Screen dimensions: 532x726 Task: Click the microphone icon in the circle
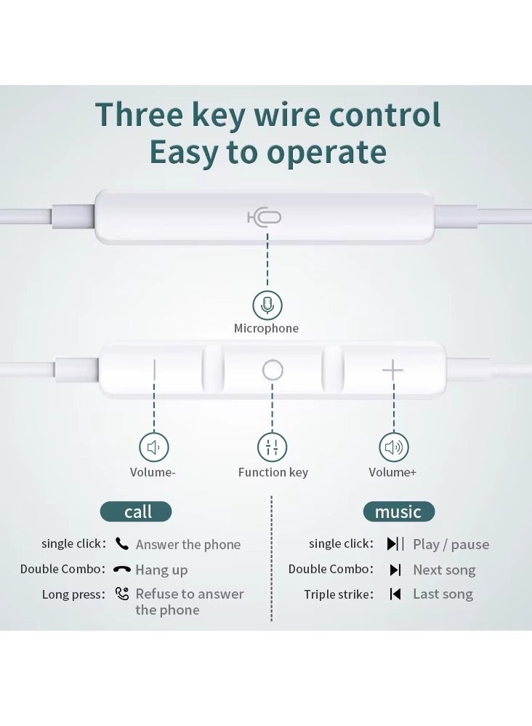267,305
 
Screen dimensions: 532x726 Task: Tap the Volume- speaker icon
153,447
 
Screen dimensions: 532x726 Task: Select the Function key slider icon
272,447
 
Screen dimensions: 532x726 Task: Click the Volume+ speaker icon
394,447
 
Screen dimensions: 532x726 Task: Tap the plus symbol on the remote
392,370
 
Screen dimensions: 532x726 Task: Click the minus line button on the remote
154,370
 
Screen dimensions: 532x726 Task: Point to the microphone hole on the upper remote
265,218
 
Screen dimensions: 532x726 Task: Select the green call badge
136,511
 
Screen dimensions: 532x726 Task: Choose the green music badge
399,511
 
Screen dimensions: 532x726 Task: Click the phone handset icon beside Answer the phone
122,543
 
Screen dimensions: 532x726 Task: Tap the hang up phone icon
121,569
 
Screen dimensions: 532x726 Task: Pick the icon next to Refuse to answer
122,594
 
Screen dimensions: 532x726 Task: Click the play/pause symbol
395,543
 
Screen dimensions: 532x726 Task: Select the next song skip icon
395,570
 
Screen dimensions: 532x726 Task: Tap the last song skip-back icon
395,594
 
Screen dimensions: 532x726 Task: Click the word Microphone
266,328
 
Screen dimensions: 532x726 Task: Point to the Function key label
273,472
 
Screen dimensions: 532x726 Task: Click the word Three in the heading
139,114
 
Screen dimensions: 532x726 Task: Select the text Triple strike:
339,594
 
